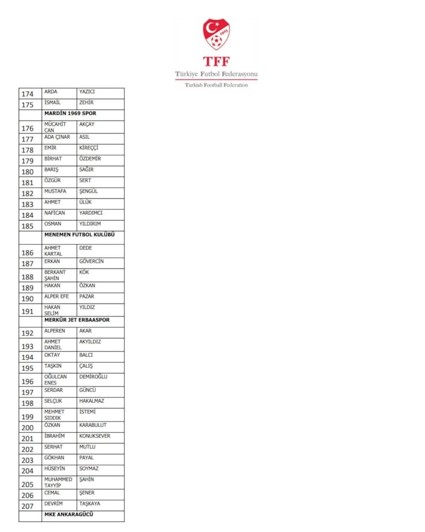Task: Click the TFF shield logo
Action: pyautogui.click(x=216, y=35)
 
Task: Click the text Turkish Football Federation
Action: pyautogui.click(x=216, y=85)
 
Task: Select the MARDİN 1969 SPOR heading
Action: pyautogui.click(x=70, y=113)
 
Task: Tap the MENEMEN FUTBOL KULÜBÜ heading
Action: pyautogui.click(x=80, y=234)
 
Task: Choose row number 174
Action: pyautogui.click(x=28, y=94)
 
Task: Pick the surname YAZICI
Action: pyautogui.click(x=87, y=91)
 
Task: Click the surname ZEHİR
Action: pyautogui.click(x=87, y=102)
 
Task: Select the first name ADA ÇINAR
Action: pyautogui.click(x=57, y=137)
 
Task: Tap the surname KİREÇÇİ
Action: pyautogui.click(x=89, y=148)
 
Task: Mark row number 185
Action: pyautogui.click(x=28, y=226)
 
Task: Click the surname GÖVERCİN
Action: pyautogui.click(x=91, y=261)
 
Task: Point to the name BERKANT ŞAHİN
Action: pyautogui.click(x=55, y=275)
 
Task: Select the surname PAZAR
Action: pyautogui.click(x=87, y=297)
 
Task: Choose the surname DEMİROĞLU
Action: pyautogui.click(x=93, y=376)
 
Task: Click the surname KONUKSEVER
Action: pyautogui.click(x=95, y=436)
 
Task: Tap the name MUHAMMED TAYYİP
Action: pyautogui.click(x=58, y=482)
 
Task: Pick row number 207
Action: pyautogui.click(x=28, y=506)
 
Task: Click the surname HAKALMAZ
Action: pyautogui.click(x=92, y=401)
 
